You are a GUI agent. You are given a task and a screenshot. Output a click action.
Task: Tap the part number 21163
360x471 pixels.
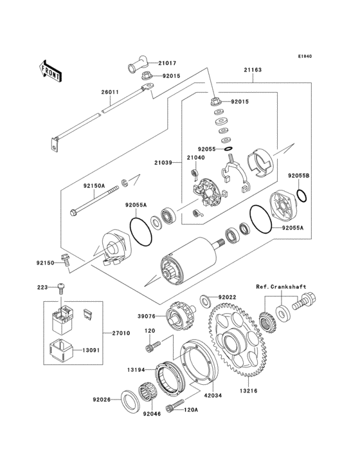pyautogui.click(x=252, y=69)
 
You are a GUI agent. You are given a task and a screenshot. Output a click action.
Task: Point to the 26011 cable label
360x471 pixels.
pyautogui.click(x=109, y=93)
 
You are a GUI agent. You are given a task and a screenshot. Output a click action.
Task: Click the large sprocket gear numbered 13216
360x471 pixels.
pyautogui.click(x=236, y=341)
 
